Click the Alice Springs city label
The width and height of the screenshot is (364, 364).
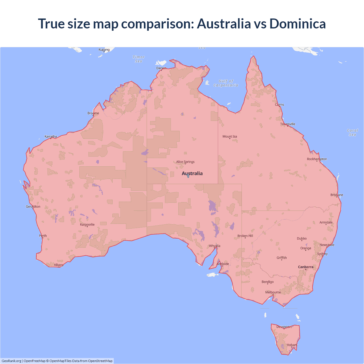[185, 162]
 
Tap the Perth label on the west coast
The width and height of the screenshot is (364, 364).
[43, 236]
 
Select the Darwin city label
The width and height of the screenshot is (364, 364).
[161, 68]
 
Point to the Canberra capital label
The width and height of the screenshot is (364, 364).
[306, 267]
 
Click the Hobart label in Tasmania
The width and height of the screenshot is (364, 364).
[292, 345]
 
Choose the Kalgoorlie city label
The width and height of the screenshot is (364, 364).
[87, 225]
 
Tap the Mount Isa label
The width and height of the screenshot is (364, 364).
[230, 136]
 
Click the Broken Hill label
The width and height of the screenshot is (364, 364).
[245, 236]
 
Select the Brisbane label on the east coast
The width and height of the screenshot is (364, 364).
[337, 195]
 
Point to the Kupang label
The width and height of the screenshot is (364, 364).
[104, 50]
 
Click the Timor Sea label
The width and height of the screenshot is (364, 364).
[139, 59]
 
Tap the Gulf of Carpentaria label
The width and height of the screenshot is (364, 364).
[226, 83]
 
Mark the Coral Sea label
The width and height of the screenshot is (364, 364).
[353, 133]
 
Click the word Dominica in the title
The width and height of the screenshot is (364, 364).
[297, 24]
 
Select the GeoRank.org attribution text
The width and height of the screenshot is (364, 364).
[11, 361]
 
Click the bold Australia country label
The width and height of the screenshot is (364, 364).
[192, 173]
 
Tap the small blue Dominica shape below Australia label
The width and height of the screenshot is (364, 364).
[188, 176]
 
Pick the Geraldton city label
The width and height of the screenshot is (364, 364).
[33, 207]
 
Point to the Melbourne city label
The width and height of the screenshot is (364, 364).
[273, 292]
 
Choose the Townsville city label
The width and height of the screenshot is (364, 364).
[288, 124]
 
